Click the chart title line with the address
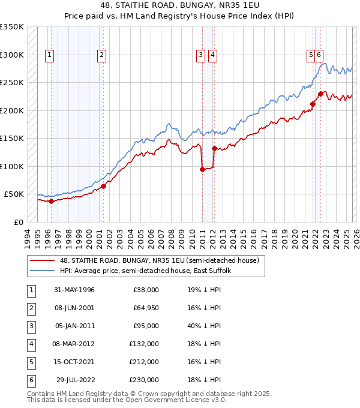click(x=179, y=6)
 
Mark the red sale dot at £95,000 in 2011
click(x=202, y=169)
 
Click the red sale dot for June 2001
click(x=103, y=186)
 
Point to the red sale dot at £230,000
click(x=321, y=94)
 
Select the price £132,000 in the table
click(x=144, y=344)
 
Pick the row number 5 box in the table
click(x=30, y=362)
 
